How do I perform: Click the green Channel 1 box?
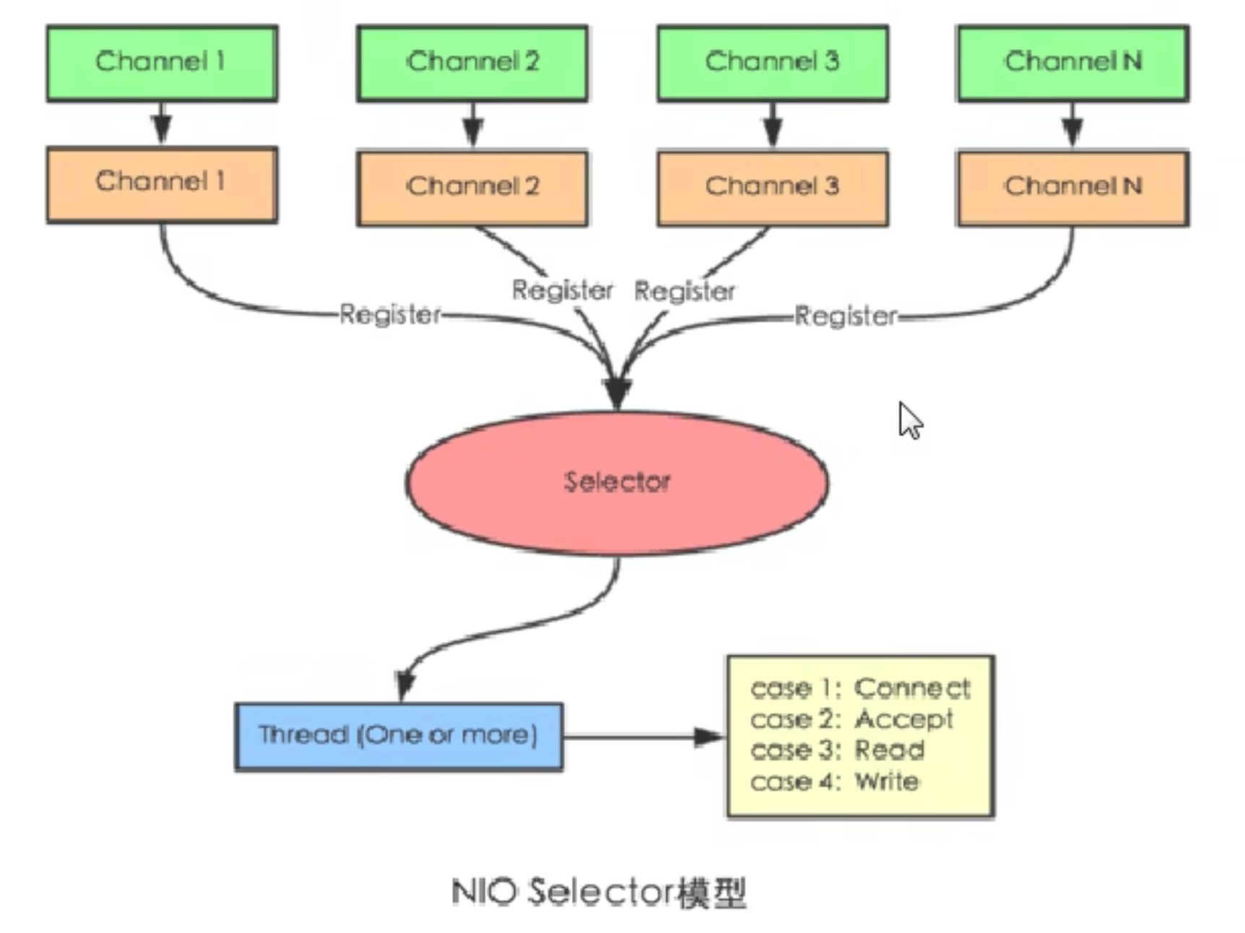tap(162, 64)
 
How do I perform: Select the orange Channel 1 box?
tap(162, 185)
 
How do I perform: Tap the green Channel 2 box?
tap(472, 64)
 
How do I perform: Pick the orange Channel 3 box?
tap(773, 188)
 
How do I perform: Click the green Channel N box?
tap(1073, 64)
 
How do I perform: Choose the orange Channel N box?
tap(1073, 188)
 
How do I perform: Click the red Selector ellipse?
tap(617, 482)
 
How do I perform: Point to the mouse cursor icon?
tap(910, 420)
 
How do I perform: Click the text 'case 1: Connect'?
tap(860, 688)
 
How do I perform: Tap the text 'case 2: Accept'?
tap(851, 719)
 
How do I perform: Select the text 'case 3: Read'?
tap(837, 750)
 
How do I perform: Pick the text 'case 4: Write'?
tap(834, 781)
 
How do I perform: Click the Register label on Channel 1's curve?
tap(390, 314)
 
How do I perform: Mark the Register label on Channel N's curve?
tap(846, 316)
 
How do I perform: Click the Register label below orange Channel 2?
tap(562, 290)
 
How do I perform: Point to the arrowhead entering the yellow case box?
tap(708, 737)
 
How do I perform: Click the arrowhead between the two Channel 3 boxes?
tap(773, 131)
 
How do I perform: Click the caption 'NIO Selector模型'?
tap(599, 893)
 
